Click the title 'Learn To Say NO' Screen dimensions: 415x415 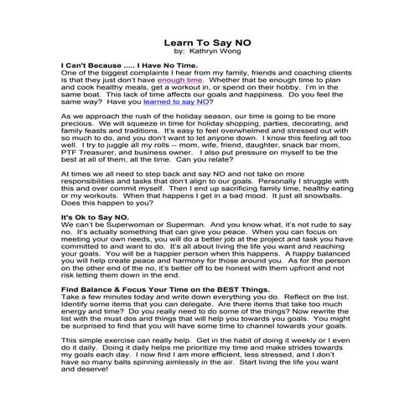pyautogui.click(x=206, y=39)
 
